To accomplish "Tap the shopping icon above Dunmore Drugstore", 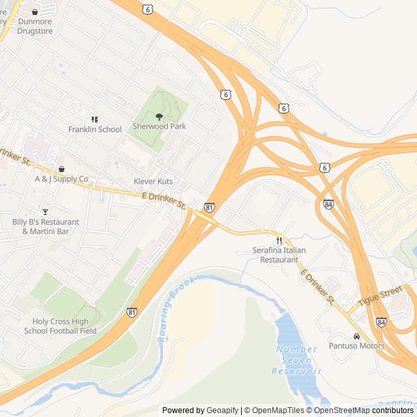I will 35,12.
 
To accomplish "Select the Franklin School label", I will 95,129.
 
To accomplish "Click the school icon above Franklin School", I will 95,119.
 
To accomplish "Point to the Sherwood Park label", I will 159,126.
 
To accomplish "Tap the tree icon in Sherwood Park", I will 159,116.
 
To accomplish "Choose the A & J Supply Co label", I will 61,179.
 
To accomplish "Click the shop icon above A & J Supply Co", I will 61,169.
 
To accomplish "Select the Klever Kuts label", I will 153,181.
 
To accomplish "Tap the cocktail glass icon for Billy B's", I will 45,211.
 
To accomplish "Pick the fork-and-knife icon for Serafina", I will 280,240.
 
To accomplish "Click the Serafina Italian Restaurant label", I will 280,255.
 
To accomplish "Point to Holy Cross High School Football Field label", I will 61,326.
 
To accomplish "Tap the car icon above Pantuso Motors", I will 356,336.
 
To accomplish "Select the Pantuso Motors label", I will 356,346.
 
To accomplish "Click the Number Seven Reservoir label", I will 297,360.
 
